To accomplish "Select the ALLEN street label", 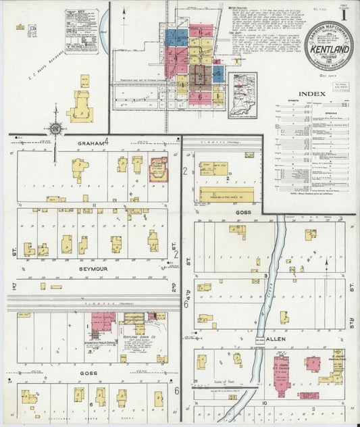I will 276,338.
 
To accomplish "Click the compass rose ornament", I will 55,127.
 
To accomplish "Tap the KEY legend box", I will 80,31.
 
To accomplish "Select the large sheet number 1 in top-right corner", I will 344,13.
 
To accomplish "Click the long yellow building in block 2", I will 226,196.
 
